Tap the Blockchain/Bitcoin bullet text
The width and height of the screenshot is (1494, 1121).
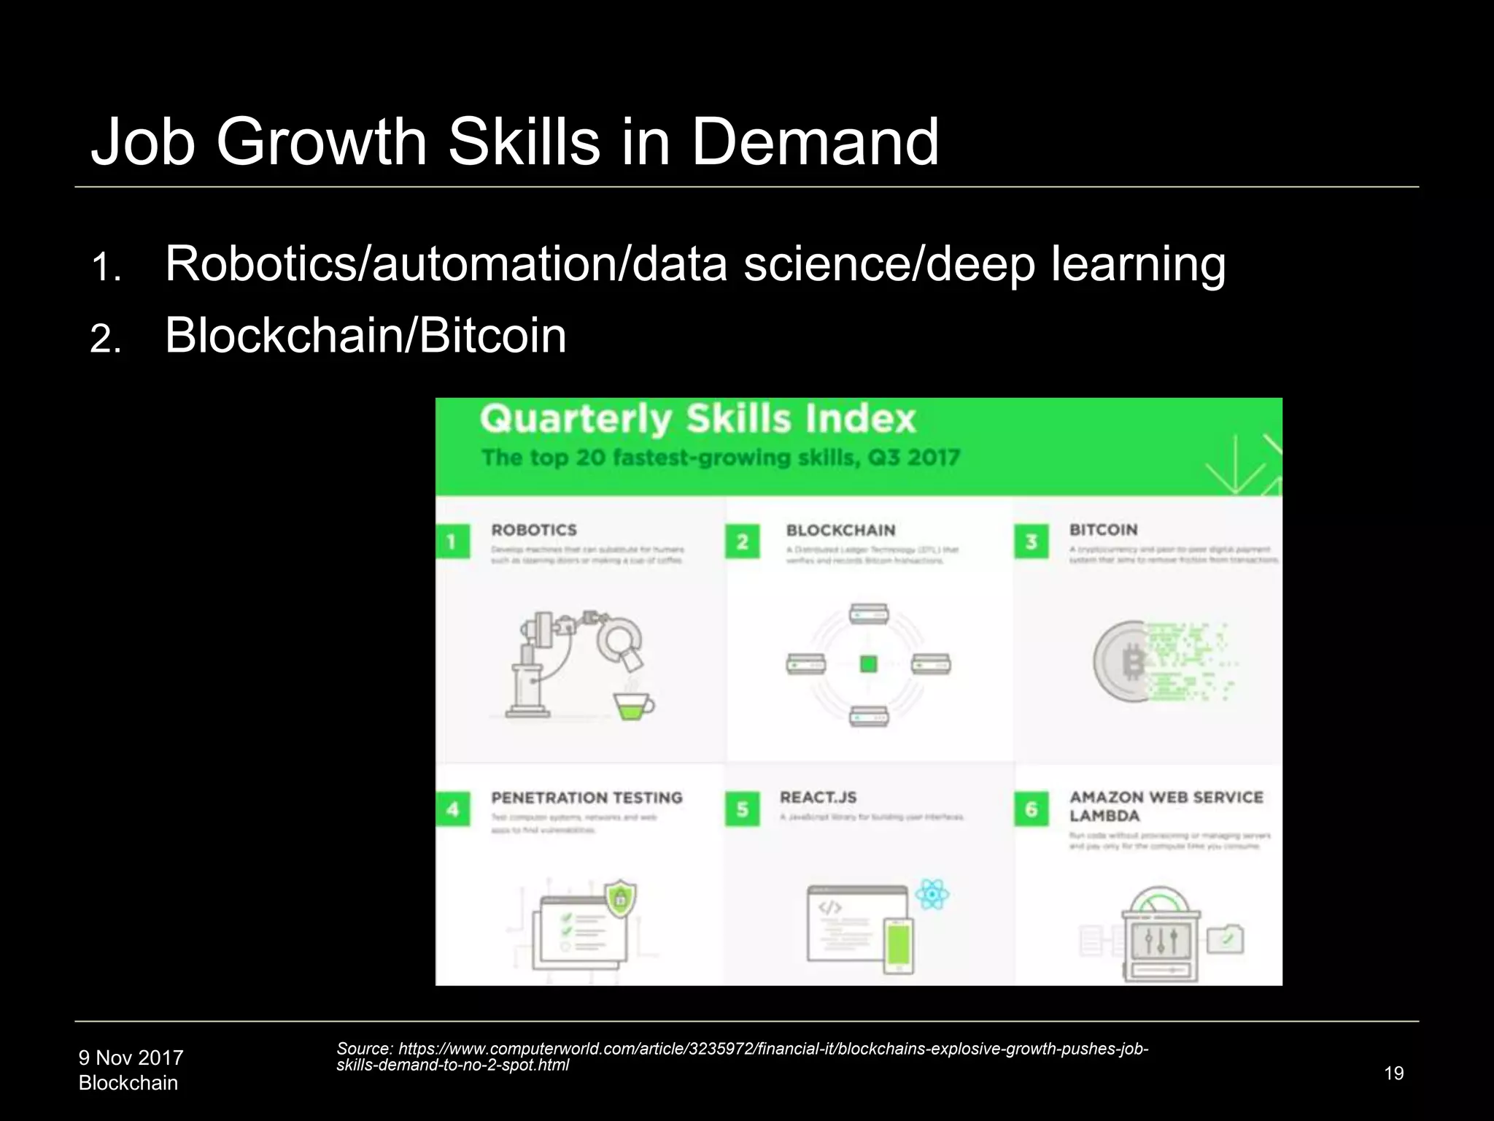click(x=365, y=336)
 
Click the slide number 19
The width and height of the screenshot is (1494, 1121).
click(x=1393, y=1073)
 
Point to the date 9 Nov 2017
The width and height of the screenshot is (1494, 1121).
click(x=131, y=1058)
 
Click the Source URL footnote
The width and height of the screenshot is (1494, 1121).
click(x=742, y=1057)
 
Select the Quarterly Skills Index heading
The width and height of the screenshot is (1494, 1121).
click(x=697, y=420)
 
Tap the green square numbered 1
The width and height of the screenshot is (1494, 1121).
click(x=452, y=542)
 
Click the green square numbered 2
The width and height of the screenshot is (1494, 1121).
click(x=742, y=542)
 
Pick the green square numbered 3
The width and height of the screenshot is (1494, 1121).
click(x=1031, y=542)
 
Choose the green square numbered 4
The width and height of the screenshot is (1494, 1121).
click(x=452, y=809)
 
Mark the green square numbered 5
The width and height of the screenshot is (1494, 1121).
click(x=742, y=809)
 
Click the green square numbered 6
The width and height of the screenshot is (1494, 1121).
click(x=1031, y=809)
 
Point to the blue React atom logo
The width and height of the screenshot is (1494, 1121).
click(x=932, y=894)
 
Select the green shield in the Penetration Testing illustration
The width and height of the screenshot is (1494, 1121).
click(x=620, y=899)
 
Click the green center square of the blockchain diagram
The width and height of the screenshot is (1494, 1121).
click(x=868, y=664)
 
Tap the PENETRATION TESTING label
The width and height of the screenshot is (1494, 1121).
click(x=587, y=798)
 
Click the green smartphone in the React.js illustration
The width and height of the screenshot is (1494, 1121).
click(x=898, y=945)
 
